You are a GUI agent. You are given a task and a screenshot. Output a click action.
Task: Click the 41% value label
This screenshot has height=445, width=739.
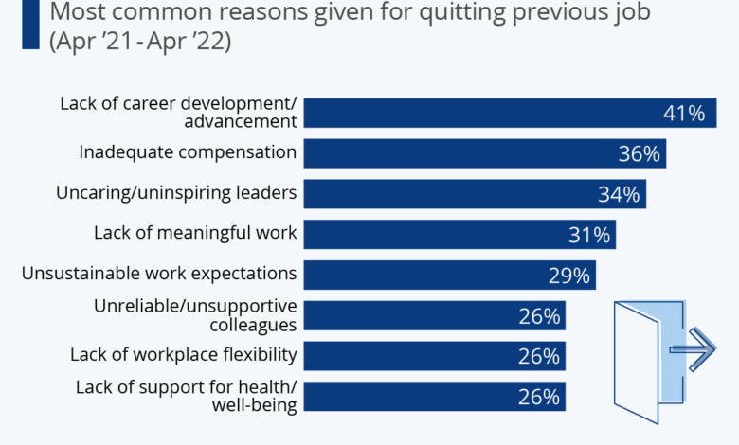(x=683, y=114)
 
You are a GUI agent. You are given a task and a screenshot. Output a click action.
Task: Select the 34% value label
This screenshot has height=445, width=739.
(x=620, y=195)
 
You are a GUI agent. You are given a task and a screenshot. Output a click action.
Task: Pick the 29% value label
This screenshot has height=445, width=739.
(x=569, y=276)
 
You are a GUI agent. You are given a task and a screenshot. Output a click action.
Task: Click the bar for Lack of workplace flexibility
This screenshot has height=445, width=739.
(x=407, y=356)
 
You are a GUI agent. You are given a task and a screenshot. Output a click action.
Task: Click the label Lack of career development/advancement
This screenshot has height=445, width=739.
(x=178, y=112)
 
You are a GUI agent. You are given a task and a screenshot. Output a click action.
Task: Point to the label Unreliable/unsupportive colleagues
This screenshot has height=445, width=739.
(x=195, y=314)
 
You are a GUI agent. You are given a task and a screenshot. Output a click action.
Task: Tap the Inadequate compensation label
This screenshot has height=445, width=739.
(x=188, y=152)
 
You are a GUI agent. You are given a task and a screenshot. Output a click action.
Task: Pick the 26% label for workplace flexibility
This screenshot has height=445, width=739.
(x=539, y=356)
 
